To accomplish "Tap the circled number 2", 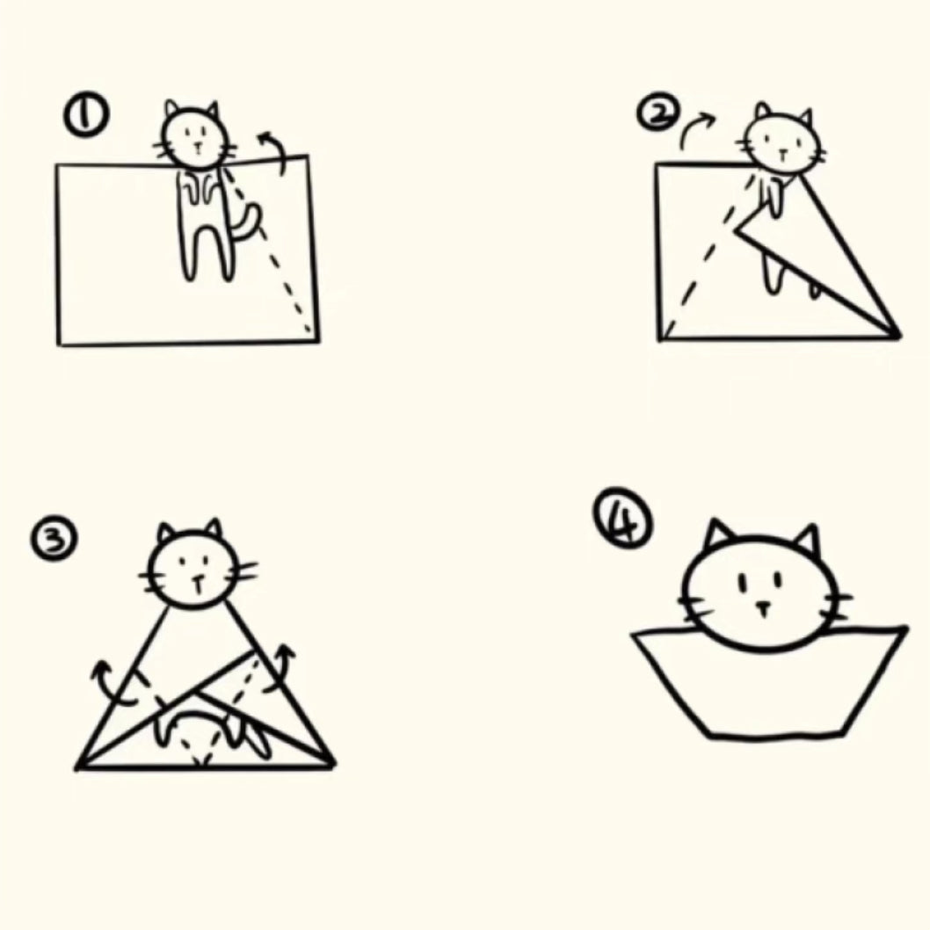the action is [x=657, y=113].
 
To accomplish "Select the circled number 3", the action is [x=54, y=538].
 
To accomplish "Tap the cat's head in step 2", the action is [x=782, y=142].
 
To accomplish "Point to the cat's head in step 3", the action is [x=195, y=566].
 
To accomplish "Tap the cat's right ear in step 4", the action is [x=808, y=539].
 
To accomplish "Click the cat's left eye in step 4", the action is [x=742, y=583].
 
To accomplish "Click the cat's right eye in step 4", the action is [x=778, y=579].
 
